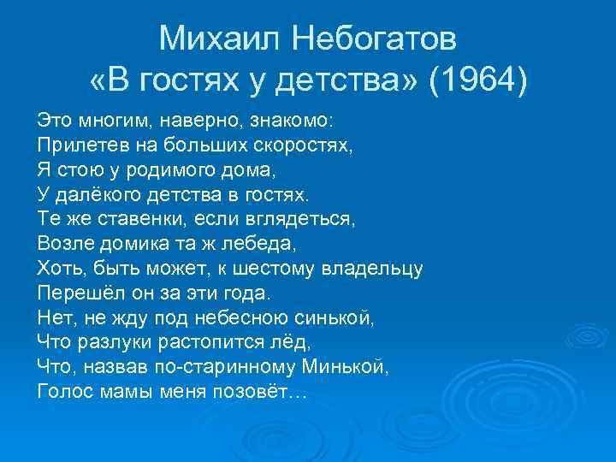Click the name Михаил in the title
tap(216, 38)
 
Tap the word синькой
tap(336, 317)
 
